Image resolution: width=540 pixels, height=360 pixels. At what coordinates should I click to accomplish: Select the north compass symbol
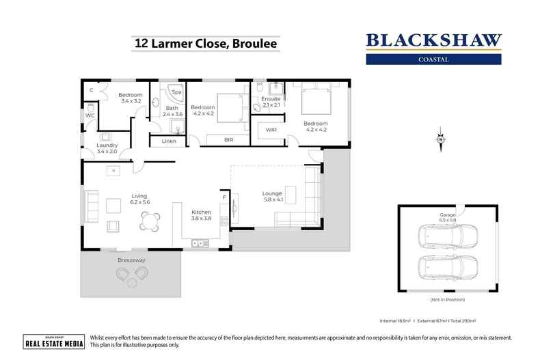441,140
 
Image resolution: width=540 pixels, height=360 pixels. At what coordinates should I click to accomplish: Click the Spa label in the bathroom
176,92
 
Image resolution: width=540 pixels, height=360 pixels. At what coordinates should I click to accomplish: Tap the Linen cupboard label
169,141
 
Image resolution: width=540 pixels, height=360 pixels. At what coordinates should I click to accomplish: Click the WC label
90,115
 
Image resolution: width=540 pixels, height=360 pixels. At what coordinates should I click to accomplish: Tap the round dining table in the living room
149,221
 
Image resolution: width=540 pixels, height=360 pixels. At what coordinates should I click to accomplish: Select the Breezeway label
131,260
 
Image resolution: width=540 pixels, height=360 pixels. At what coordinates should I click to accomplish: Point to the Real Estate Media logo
53,342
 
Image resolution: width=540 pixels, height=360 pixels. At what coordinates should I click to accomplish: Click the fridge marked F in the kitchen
224,198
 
